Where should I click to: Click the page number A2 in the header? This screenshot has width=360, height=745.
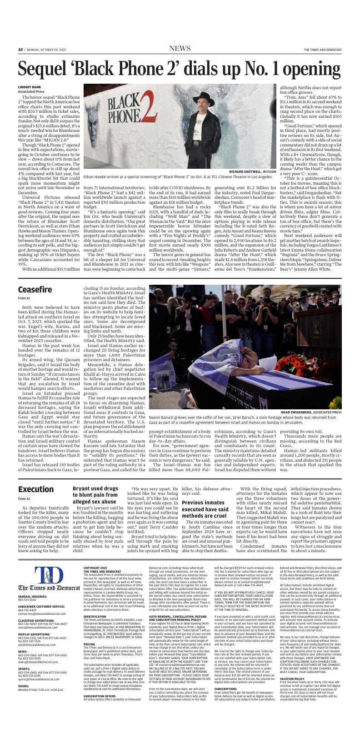(x=20, y=50)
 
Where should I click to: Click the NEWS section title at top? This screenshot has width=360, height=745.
(x=180, y=49)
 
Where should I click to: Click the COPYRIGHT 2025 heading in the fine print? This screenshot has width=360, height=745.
(x=95, y=568)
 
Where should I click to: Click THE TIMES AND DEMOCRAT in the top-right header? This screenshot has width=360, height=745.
(x=323, y=50)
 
